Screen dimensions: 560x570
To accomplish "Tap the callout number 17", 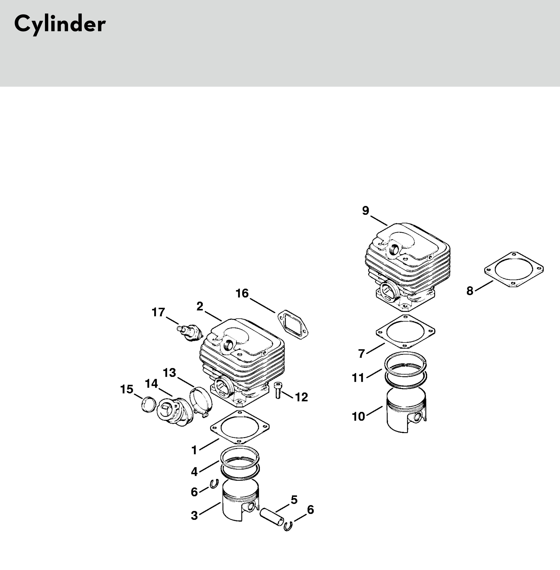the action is [158, 312].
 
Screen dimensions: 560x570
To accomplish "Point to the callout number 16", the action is [242, 293].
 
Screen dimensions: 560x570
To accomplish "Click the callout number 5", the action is [294, 499].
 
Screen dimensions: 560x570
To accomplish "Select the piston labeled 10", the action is [406, 410].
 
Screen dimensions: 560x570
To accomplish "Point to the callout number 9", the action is [365, 210].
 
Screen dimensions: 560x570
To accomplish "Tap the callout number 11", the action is [358, 378].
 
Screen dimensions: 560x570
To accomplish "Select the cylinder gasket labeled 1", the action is [240, 427].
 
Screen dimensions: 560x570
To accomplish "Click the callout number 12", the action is [301, 397].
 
